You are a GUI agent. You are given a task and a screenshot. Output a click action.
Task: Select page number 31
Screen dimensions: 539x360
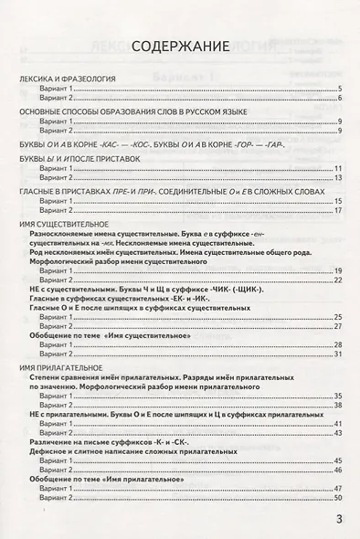336,354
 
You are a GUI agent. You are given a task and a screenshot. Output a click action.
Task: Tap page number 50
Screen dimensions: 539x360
336,498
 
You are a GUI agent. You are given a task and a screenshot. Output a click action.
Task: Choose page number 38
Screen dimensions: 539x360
336,405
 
